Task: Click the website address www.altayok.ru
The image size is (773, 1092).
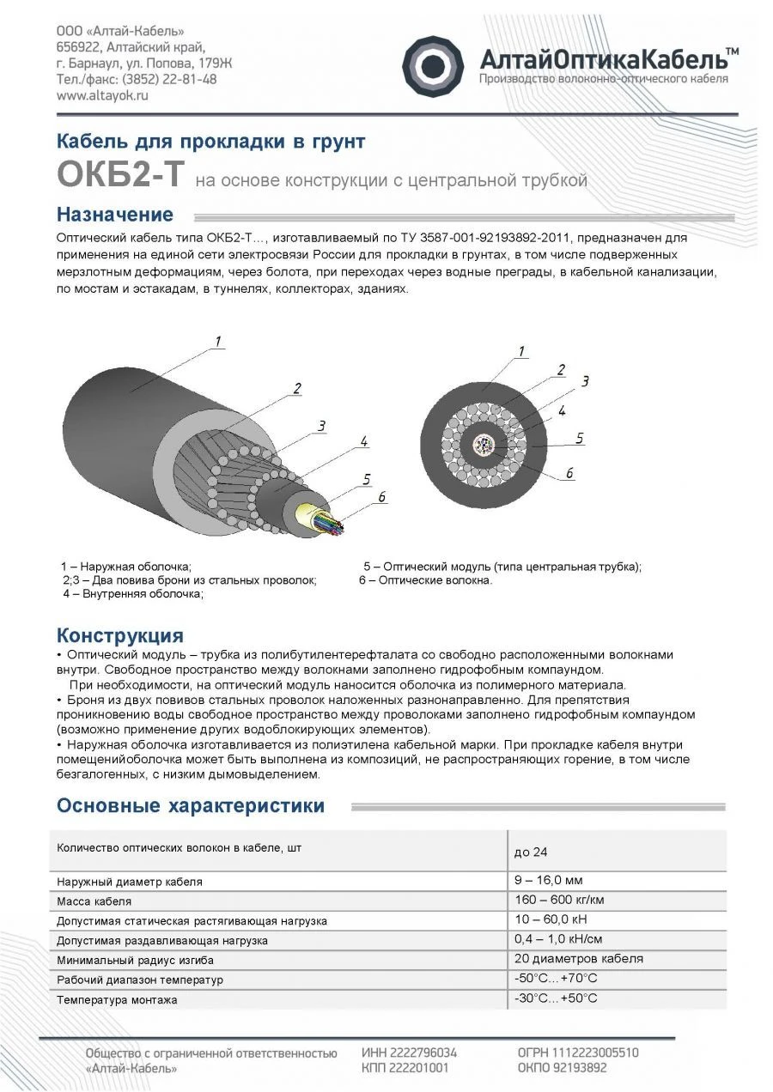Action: [x=102, y=96]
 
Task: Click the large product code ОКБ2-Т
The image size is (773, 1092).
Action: [x=119, y=173]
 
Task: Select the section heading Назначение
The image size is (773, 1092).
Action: [x=114, y=215]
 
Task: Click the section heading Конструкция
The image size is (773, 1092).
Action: [x=119, y=635]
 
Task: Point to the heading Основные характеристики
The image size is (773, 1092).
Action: [x=190, y=805]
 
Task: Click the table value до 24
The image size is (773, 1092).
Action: [x=530, y=852]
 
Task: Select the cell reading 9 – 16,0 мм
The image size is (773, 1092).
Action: [x=548, y=880]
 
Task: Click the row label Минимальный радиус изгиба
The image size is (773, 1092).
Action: [x=135, y=960]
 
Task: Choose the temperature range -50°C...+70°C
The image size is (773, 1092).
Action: [x=555, y=979]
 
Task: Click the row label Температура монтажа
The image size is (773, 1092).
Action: [x=117, y=1000]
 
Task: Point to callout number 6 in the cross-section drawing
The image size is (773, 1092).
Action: [x=569, y=473]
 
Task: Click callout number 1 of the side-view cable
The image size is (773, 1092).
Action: [x=218, y=343]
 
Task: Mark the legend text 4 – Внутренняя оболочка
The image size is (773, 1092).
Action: [x=133, y=594]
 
